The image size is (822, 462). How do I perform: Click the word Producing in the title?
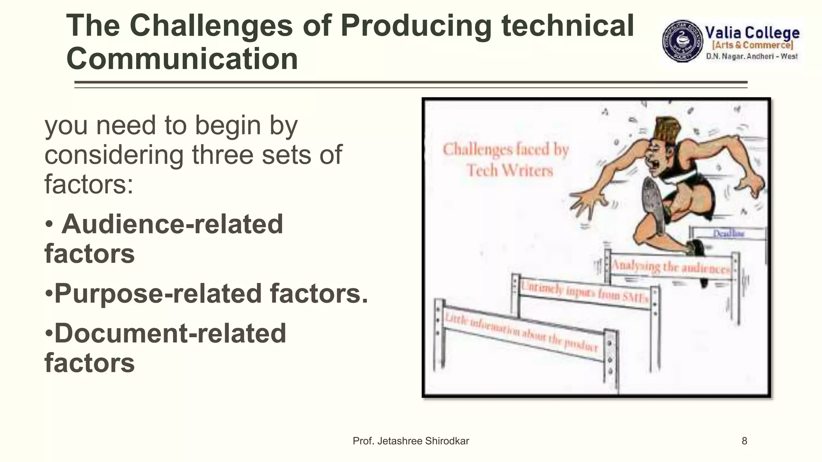click(x=416, y=26)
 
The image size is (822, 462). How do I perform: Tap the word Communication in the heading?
click(x=182, y=59)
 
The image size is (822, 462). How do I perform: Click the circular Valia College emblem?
click(x=682, y=41)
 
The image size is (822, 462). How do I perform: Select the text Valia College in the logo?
click(x=752, y=33)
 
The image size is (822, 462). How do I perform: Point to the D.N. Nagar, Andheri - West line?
click(x=752, y=57)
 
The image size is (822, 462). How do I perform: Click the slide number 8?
click(x=744, y=441)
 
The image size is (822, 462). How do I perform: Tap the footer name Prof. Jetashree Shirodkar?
click(x=411, y=441)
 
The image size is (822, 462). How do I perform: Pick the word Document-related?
click(x=170, y=333)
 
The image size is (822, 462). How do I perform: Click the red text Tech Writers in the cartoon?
click(x=510, y=170)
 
